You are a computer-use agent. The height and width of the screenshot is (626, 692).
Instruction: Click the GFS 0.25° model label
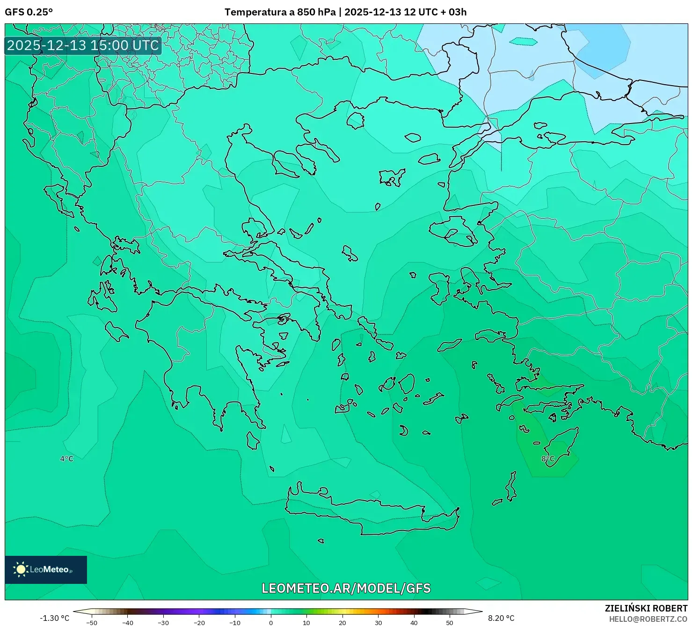29,12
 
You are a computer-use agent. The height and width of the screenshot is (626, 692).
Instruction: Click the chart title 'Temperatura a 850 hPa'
280,12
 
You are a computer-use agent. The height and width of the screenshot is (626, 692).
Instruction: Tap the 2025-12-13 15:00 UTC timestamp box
83,45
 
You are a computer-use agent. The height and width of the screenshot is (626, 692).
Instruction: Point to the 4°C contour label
66,459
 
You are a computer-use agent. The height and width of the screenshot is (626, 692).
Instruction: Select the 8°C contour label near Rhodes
547,459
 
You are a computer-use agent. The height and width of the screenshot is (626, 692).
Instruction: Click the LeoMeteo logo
46,569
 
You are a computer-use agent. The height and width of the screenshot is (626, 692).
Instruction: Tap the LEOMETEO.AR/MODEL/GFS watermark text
346,588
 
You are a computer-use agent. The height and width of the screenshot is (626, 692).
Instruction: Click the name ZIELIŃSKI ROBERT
646,608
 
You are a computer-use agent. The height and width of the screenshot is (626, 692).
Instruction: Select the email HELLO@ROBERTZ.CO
648,619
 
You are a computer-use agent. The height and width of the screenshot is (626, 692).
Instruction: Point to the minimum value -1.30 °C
54,618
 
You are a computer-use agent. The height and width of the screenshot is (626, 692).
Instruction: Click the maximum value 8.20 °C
501,618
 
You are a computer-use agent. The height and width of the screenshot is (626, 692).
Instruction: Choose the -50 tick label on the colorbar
92,623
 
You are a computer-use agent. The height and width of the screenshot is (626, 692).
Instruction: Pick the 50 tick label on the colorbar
450,623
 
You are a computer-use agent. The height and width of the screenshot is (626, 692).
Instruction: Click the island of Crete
370,512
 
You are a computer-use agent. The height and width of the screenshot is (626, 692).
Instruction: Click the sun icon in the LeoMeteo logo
21,569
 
